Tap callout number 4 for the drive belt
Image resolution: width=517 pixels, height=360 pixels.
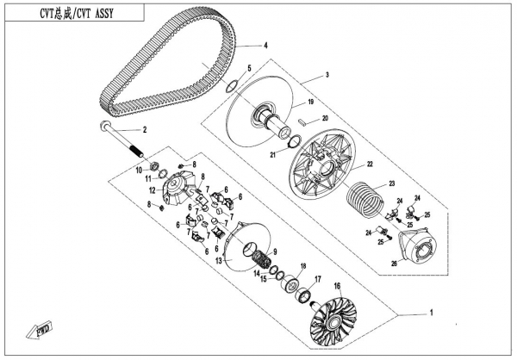click(x=265, y=46)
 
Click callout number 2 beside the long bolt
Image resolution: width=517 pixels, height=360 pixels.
click(x=146, y=130)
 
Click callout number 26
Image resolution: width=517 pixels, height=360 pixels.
click(x=395, y=264)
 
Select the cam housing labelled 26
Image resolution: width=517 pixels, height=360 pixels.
click(x=423, y=245)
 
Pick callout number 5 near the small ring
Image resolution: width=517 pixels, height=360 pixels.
click(x=250, y=68)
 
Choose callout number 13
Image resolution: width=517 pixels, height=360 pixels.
click(x=218, y=260)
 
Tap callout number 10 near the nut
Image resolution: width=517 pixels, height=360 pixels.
click(x=137, y=171)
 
